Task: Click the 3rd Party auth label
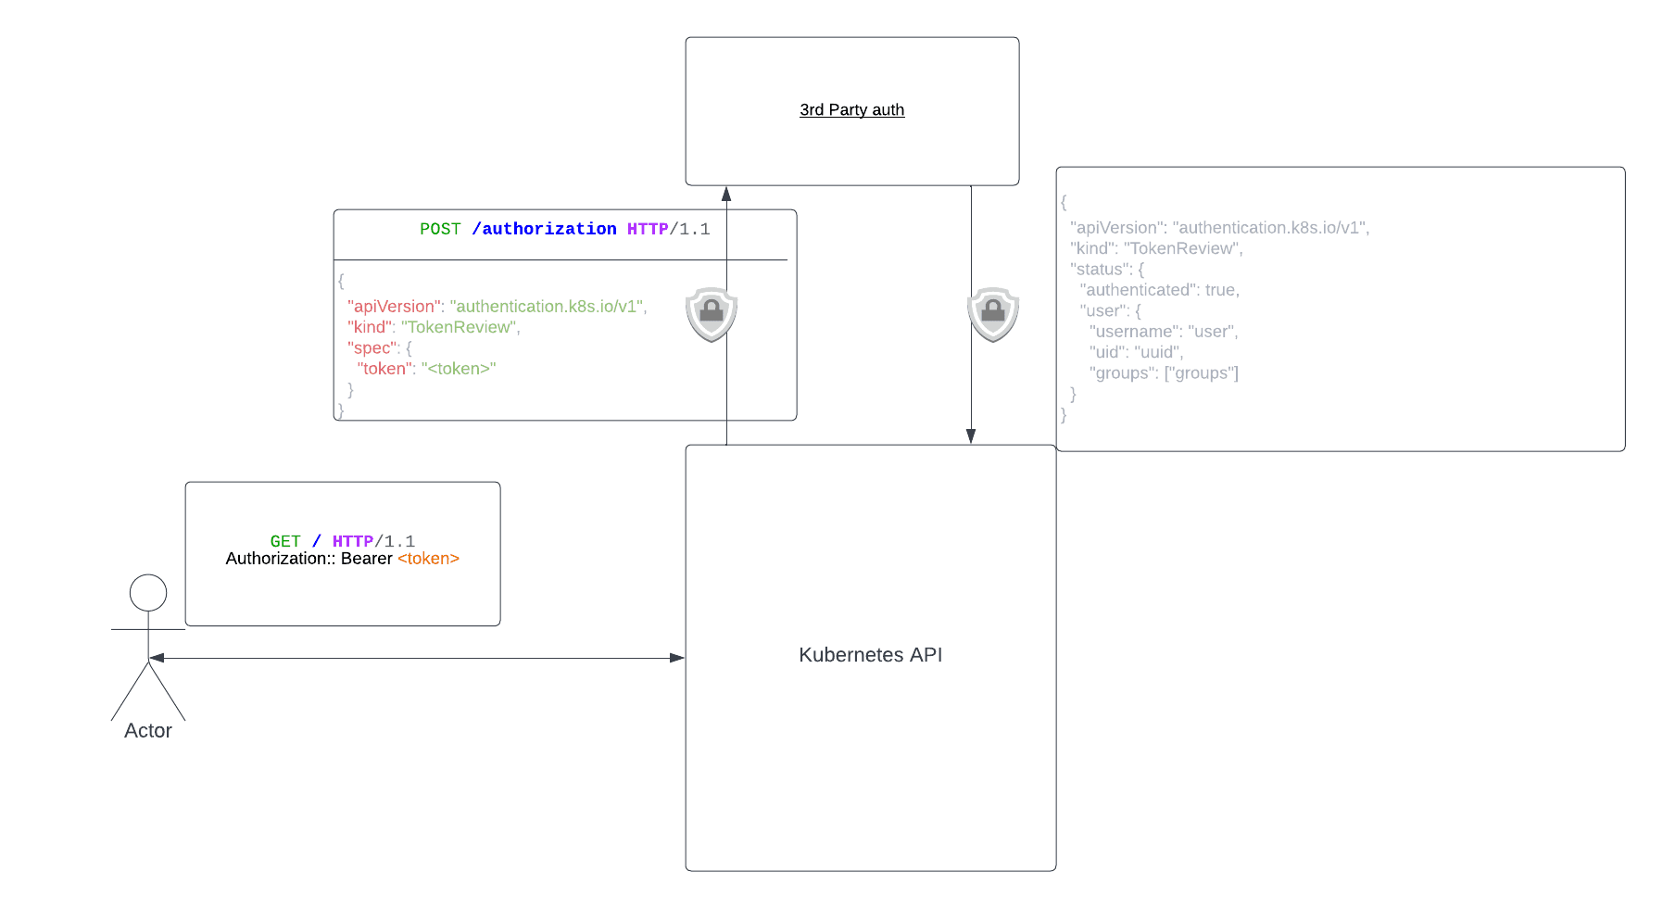(x=851, y=109)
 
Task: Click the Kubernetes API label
(x=870, y=655)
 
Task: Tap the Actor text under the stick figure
(x=148, y=731)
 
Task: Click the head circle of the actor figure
(x=148, y=593)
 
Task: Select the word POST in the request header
(x=440, y=229)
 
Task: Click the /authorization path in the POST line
(x=544, y=229)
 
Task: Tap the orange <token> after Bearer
(x=428, y=559)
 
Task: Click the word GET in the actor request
(x=285, y=541)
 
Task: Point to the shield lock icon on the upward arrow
(x=712, y=314)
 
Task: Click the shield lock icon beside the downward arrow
(x=993, y=314)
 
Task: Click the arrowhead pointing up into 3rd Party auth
(x=726, y=194)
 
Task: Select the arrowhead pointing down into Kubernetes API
(x=971, y=436)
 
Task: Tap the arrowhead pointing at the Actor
(x=157, y=658)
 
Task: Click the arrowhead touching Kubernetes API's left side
(x=677, y=658)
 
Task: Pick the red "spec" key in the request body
(x=372, y=348)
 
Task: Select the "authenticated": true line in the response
(x=1159, y=290)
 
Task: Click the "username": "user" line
(x=1163, y=332)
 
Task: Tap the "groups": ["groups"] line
(x=1163, y=373)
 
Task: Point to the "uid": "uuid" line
(x=1136, y=352)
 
